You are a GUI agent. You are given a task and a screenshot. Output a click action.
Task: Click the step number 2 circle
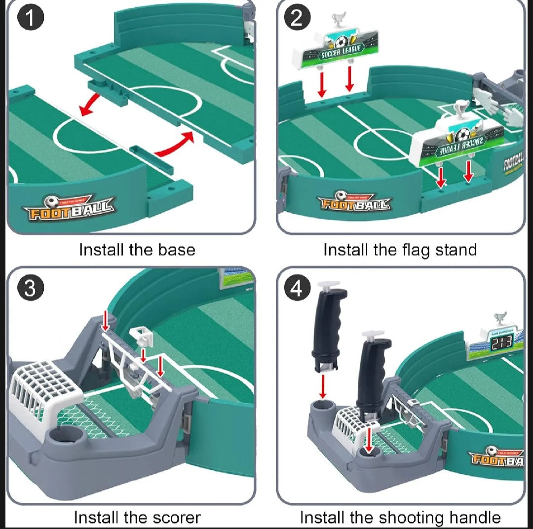(297, 18)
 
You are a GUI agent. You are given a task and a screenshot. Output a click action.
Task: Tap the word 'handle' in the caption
(475, 518)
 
